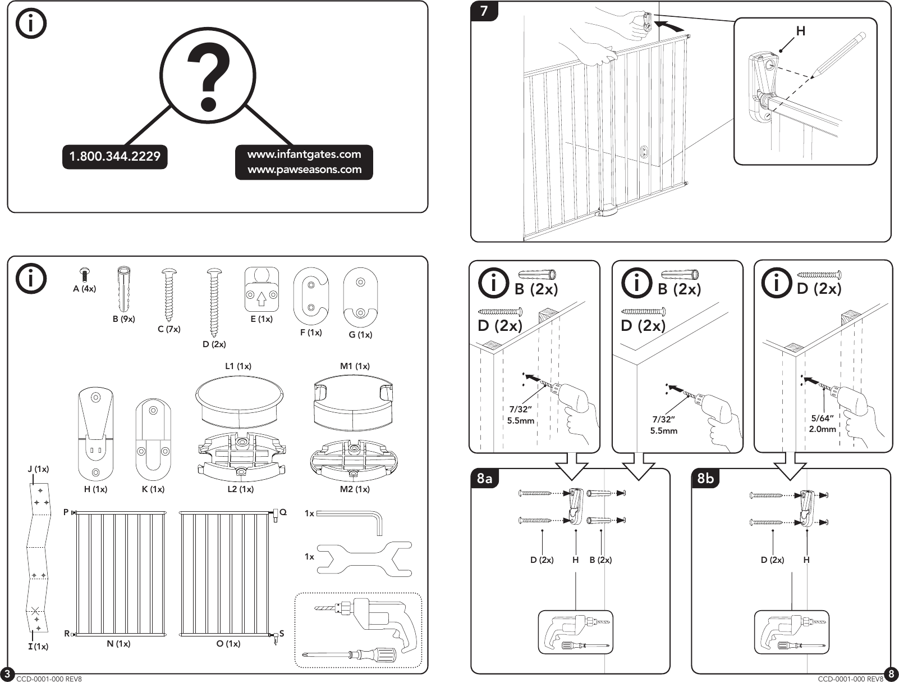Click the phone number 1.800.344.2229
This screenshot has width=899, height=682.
(114, 157)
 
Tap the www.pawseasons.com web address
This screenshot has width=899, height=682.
(304, 170)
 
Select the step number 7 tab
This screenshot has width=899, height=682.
(484, 11)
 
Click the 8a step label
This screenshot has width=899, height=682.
(484, 479)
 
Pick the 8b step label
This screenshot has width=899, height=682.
(705, 479)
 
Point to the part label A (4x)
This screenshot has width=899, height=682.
(84, 289)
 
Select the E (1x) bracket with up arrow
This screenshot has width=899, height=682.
(262, 289)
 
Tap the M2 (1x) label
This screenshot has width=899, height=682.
(355, 489)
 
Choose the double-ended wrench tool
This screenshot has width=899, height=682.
(365, 558)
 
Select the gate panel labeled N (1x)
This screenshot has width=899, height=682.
(120, 573)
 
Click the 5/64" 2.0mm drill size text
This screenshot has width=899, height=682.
(823, 424)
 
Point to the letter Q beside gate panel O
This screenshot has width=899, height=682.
(283, 512)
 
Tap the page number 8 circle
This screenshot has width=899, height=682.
(891, 674)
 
